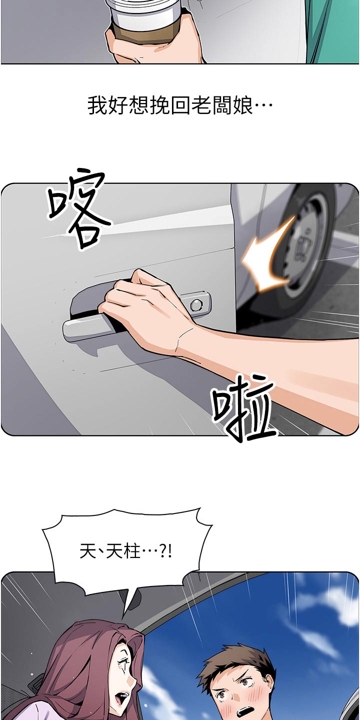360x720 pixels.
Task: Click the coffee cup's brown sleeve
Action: click(146, 30)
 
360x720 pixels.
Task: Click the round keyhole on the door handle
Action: click(196, 304)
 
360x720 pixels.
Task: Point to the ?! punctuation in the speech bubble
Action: click(166, 552)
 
